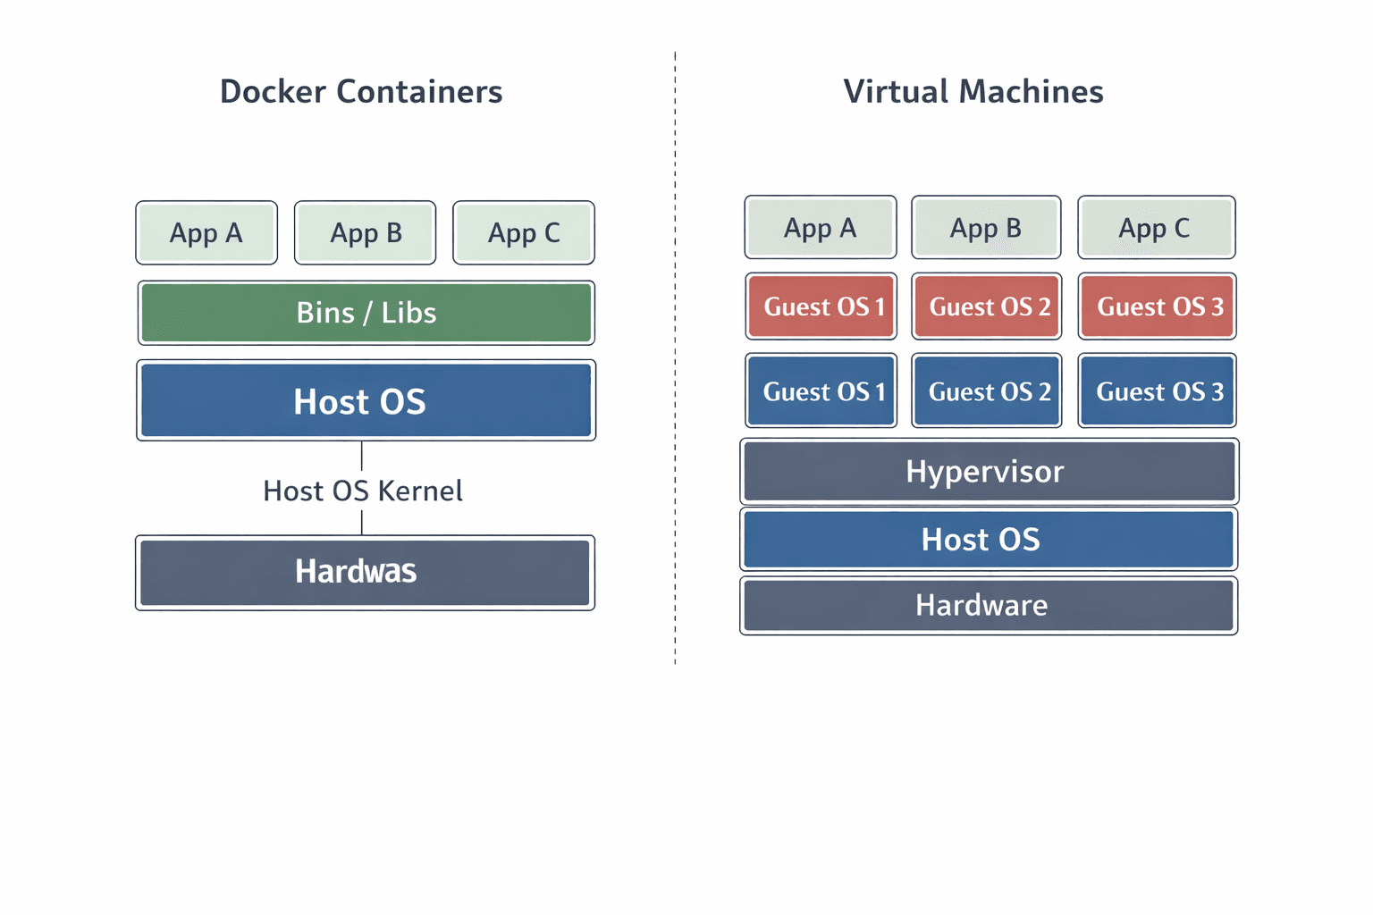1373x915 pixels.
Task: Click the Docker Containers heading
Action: [361, 92]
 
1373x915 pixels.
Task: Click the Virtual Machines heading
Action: [973, 92]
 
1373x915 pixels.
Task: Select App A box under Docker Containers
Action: [206, 233]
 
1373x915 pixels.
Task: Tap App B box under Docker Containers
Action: [366, 233]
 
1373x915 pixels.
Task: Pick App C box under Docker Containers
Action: [524, 233]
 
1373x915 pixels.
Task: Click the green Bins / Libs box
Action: [366, 313]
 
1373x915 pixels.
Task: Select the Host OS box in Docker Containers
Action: [366, 401]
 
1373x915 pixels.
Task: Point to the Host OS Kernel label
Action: [362, 491]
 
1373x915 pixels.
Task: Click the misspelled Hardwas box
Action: [365, 572]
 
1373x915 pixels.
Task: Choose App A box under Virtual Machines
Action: [821, 228]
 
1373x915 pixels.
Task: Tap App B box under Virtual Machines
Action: [986, 228]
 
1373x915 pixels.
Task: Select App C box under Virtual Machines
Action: [1156, 228]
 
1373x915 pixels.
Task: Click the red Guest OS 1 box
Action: [821, 306]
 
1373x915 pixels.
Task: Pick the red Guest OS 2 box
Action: [987, 306]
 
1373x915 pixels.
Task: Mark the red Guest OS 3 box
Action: [1157, 306]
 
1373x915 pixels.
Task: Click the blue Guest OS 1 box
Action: [821, 391]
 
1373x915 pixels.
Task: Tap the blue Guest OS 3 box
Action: [1157, 391]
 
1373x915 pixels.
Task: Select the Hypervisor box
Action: [989, 471]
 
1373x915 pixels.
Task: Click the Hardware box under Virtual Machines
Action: [989, 606]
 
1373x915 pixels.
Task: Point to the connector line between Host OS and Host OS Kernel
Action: [362, 456]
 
